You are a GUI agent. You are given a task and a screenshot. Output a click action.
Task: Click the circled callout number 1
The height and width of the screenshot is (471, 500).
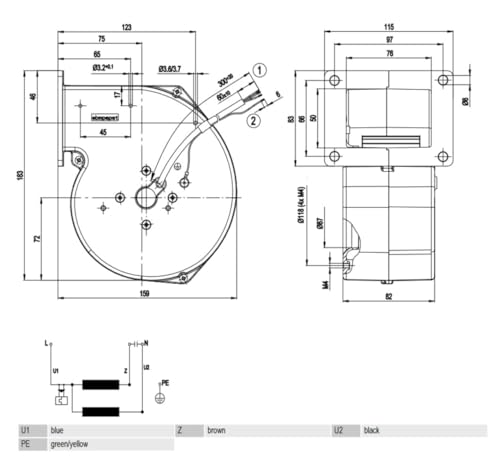[x=259, y=70]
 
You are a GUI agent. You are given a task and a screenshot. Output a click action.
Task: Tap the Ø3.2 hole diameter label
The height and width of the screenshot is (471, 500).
[x=103, y=67]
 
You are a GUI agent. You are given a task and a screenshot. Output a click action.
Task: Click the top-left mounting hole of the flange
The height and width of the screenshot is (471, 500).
[x=334, y=80]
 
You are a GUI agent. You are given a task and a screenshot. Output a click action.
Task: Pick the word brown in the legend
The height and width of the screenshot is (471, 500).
[x=216, y=430]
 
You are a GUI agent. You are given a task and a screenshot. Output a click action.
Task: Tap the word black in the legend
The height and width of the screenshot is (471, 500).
[x=372, y=430]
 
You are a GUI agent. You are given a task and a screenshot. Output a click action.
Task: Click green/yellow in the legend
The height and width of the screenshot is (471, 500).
[x=71, y=444]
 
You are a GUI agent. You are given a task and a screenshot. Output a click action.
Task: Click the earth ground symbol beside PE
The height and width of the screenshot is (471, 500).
[x=158, y=397]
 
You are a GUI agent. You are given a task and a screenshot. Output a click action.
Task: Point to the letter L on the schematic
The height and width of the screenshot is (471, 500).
[x=46, y=343]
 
